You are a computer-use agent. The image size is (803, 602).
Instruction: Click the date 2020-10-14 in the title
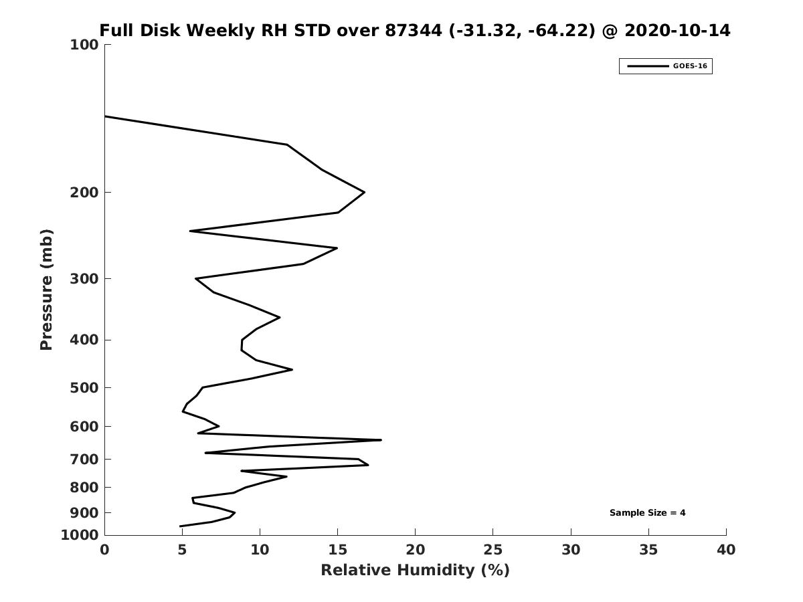point(677,30)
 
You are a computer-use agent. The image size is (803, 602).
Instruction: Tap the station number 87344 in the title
point(414,30)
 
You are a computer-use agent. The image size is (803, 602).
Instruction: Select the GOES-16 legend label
point(690,66)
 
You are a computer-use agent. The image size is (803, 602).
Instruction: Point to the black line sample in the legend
point(648,66)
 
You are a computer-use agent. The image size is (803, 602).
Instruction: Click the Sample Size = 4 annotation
point(647,512)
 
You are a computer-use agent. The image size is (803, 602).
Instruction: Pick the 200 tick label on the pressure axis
point(84,192)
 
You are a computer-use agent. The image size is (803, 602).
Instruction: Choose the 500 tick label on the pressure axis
point(84,387)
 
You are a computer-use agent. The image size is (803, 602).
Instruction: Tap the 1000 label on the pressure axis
point(80,535)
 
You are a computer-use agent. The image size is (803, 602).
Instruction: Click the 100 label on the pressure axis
point(84,45)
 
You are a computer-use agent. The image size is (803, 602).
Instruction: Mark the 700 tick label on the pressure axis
point(84,459)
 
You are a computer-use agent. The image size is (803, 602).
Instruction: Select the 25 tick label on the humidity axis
point(493,550)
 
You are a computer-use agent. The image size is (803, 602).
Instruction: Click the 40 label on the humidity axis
point(726,550)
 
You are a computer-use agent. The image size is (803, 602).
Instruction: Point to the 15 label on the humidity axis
point(337,550)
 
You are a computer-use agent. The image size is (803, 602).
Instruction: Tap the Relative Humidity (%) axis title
point(416,570)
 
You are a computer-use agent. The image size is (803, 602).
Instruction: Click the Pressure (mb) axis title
point(46,290)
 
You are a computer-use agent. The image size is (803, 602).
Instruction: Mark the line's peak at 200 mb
point(365,192)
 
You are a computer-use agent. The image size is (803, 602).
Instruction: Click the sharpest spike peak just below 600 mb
point(381,439)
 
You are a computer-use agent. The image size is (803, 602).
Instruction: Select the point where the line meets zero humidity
point(105,116)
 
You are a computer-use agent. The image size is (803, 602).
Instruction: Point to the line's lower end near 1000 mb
point(180,526)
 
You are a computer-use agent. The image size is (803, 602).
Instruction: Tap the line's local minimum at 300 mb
point(195,278)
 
